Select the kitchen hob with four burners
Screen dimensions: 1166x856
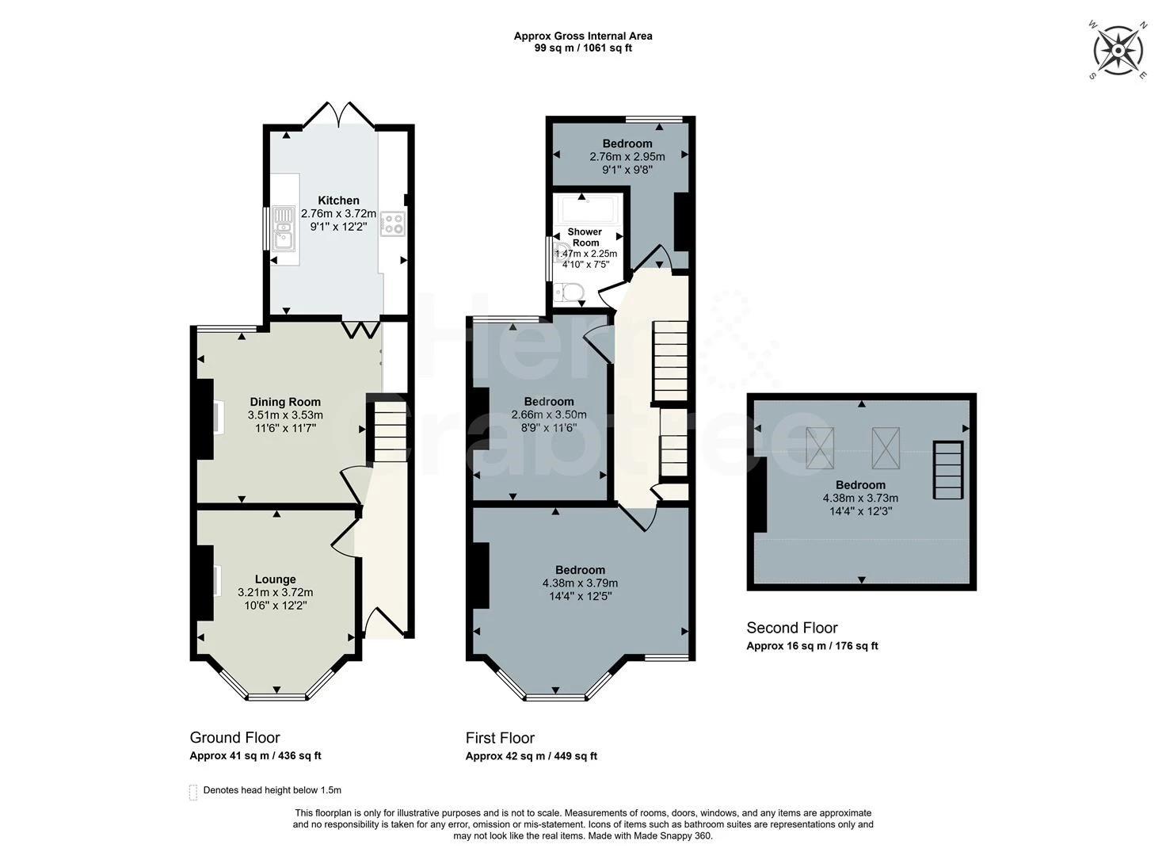click(392, 224)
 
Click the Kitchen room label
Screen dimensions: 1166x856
click(338, 200)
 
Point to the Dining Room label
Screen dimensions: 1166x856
click(285, 402)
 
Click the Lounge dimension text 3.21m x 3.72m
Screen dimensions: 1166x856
click(276, 592)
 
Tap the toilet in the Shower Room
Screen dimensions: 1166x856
click(567, 292)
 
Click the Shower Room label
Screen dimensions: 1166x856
click(585, 237)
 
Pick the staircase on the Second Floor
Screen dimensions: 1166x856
click(948, 471)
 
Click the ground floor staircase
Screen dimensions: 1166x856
click(391, 431)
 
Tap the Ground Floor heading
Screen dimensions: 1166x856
click(234, 737)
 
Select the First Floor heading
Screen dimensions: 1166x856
click(500, 738)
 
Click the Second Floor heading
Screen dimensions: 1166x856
click(792, 628)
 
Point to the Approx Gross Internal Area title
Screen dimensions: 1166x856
click(583, 36)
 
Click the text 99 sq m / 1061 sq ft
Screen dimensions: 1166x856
click(583, 48)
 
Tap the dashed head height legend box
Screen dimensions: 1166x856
click(193, 793)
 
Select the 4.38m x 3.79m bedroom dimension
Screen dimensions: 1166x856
click(580, 583)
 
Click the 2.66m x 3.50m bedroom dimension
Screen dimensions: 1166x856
click(549, 415)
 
